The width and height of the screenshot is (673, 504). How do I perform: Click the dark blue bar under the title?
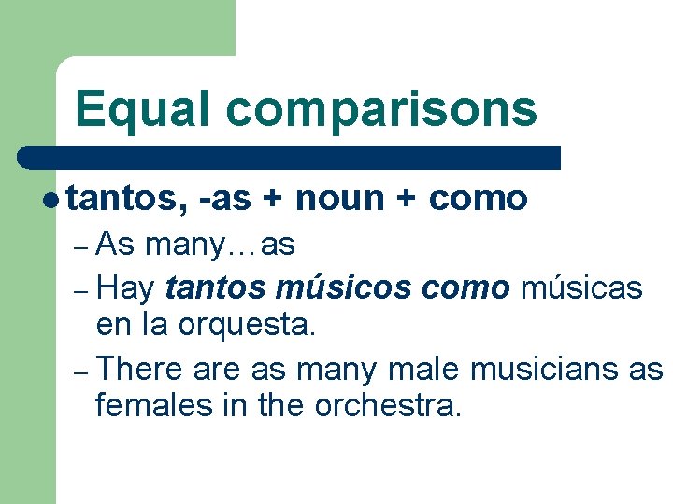(290, 157)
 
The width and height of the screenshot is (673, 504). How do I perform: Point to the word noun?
(339, 199)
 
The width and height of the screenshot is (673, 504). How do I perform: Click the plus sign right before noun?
(273, 199)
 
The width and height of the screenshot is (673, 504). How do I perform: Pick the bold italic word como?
(465, 287)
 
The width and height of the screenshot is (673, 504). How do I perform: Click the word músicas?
(580, 287)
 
